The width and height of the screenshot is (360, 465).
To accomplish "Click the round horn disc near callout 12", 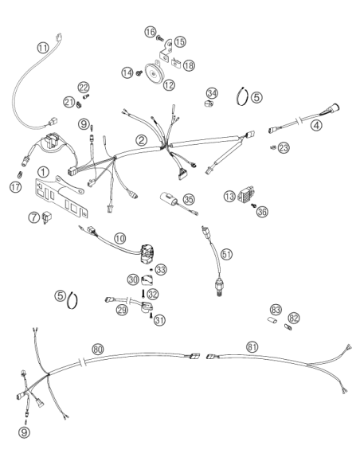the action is pos(153,74).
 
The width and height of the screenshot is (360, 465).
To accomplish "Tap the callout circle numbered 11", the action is pos(43,48).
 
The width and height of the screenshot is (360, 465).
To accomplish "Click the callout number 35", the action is pos(189,199).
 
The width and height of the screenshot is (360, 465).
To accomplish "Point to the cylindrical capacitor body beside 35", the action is pos(167,198).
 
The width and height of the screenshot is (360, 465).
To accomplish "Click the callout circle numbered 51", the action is pos(226,254).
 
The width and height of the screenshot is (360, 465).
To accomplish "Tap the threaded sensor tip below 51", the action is pos(219,294).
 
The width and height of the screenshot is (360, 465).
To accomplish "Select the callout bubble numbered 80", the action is pos(98,350).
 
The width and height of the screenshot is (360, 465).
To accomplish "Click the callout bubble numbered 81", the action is pos(252,347).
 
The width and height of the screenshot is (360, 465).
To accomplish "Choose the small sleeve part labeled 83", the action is pos(271,321).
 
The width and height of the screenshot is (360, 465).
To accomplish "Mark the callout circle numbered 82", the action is pos(294,318).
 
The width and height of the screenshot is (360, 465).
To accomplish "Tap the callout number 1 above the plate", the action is pos(43,172).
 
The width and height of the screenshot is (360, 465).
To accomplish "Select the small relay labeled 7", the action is pos(46,217).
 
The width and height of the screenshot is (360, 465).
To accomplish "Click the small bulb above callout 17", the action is pos(20,174).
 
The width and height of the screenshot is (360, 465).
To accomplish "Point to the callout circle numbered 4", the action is pos(316,126).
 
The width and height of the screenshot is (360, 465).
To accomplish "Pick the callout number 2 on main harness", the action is pos(141,140).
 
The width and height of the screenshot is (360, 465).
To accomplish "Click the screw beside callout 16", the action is pos(160,37).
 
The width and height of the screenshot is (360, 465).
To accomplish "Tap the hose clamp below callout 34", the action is pos(209,104).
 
